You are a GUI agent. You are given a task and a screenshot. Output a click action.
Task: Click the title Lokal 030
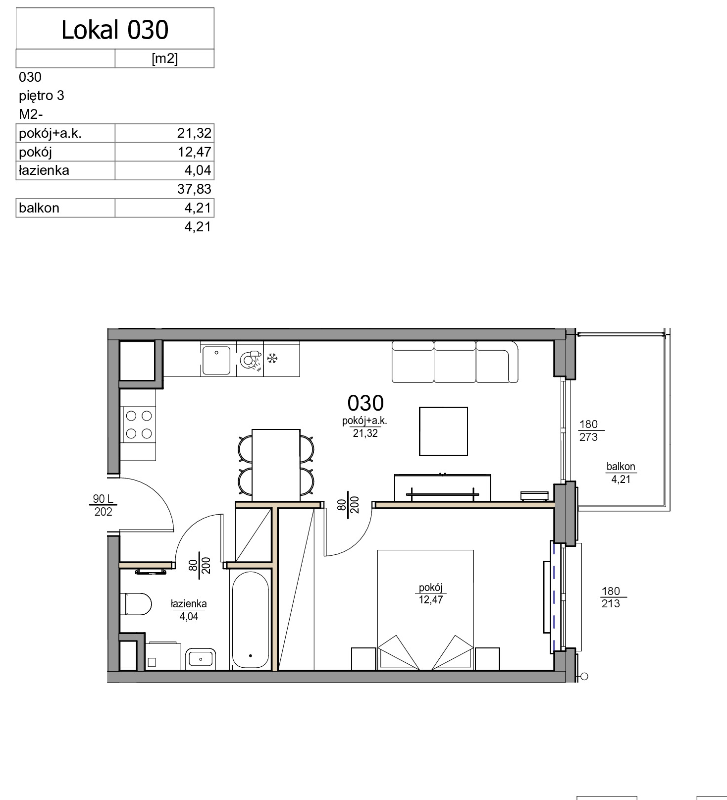[x=115, y=30]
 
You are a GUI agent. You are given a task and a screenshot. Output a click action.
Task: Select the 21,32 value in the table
[x=194, y=133]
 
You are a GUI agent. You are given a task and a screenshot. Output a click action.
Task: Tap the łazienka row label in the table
[x=44, y=170]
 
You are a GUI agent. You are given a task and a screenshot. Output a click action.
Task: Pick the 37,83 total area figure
[x=194, y=189]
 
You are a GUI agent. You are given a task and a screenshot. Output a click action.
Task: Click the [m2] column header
[x=164, y=58]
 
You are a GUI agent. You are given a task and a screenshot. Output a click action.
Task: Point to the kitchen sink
[x=216, y=360]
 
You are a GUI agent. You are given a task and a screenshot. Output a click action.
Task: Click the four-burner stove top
[x=139, y=425]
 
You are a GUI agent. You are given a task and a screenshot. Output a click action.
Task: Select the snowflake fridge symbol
[x=272, y=358]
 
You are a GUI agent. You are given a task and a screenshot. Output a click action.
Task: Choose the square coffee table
[x=443, y=431]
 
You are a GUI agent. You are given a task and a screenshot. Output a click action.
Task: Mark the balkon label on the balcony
[x=621, y=467]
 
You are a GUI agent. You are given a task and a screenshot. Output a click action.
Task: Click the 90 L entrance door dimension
[x=103, y=499]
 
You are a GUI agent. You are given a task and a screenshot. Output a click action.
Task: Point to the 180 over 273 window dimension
[x=589, y=430]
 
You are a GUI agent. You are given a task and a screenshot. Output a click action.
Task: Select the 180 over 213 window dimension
[x=611, y=597]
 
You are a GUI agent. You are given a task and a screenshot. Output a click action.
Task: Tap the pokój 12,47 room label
[x=430, y=593]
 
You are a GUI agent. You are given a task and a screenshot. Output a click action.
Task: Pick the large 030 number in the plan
[x=365, y=403]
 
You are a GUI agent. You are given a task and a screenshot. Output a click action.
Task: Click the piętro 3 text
[x=42, y=96]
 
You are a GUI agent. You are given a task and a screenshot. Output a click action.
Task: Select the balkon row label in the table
[x=39, y=208]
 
